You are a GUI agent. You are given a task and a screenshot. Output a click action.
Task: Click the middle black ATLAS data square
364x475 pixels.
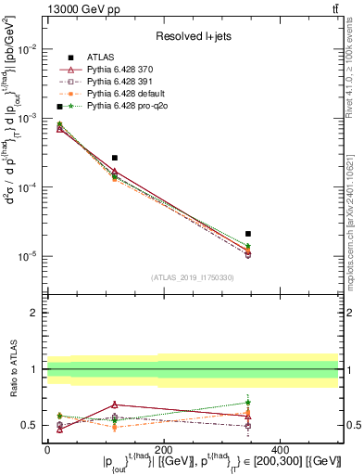114,158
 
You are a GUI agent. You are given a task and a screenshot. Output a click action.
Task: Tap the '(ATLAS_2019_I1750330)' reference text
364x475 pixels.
193,277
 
